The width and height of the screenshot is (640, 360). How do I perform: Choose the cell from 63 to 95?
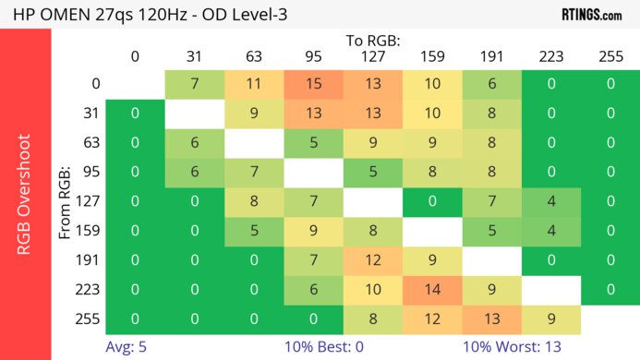(x=313, y=144)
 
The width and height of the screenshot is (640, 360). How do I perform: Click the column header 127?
(x=372, y=57)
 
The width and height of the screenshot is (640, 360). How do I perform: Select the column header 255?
(x=609, y=57)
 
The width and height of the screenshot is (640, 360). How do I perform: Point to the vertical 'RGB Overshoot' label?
(x=25, y=194)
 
